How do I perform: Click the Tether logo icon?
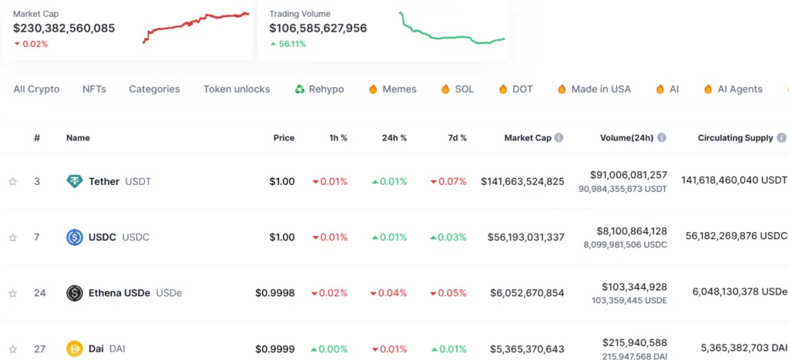coord(75,182)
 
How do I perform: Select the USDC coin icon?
coord(75,237)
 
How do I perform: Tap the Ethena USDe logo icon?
coord(75,293)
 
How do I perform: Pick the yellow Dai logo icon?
coord(75,348)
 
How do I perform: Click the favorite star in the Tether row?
coord(12,182)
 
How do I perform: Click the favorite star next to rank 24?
coord(12,293)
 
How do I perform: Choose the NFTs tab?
coord(94,89)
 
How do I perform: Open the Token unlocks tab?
coord(237,89)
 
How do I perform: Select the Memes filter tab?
coord(399,89)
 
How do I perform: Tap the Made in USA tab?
coord(600,89)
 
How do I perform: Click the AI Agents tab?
coord(740,89)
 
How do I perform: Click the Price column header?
coord(284,138)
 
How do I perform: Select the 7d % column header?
coord(458,138)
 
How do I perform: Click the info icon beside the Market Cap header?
coord(559,138)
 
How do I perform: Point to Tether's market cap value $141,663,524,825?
coord(522,182)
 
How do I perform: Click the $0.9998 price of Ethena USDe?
coord(275,293)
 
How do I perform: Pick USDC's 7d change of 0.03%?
coord(448,237)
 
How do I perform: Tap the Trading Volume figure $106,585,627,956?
coord(317,29)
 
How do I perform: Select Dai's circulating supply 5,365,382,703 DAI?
coord(744,348)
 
